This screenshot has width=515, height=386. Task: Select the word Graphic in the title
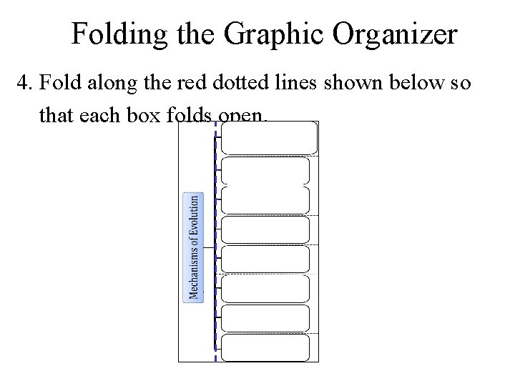click(x=256, y=34)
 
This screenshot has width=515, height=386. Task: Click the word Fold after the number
click(x=62, y=84)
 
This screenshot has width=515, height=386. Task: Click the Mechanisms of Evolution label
click(x=193, y=247)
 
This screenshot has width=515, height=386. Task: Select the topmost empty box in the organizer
click(x=268, y=138)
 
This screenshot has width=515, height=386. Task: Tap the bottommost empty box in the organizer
click(x=265, y=347)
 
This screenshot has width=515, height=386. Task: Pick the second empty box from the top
click(x=265, y=171)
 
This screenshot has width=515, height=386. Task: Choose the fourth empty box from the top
click(x=265, y=229)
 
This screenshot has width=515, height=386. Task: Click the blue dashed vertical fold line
click(x=215, y=286)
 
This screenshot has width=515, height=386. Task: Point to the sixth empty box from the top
click(x=265, y=288)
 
